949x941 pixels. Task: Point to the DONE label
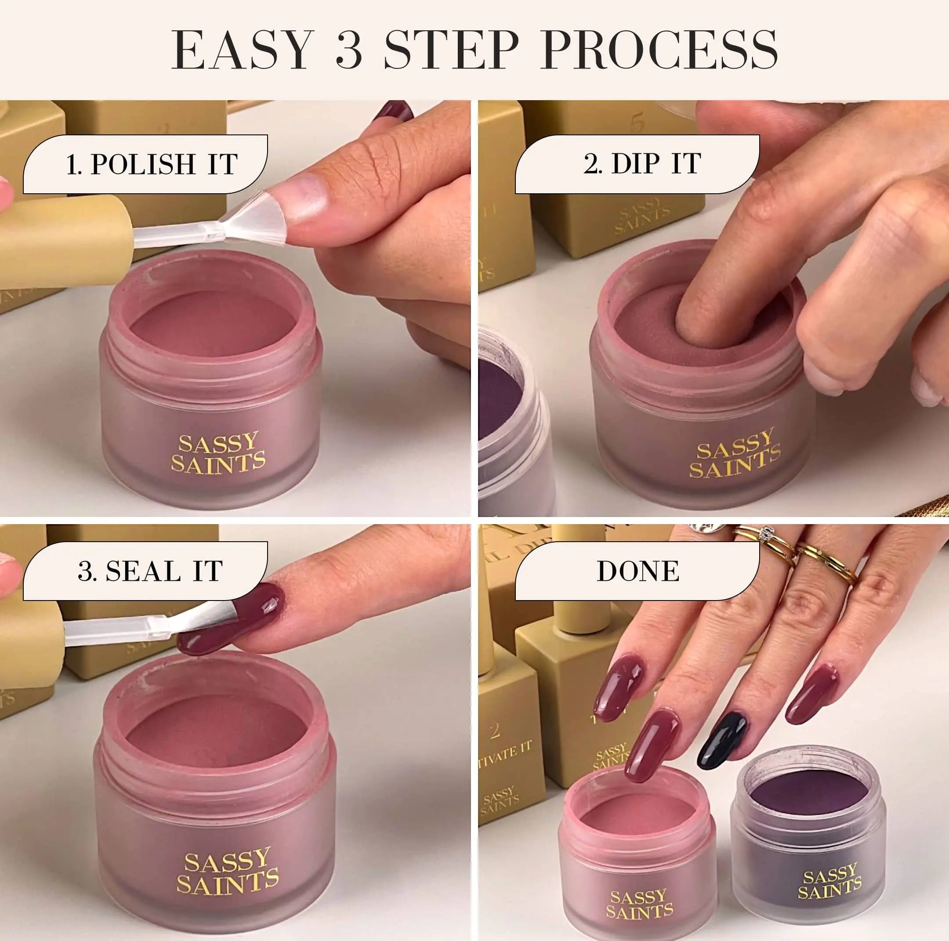point(637,571)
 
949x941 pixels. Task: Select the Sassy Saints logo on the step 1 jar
point(217,453)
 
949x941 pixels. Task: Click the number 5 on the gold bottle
point(637,123)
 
